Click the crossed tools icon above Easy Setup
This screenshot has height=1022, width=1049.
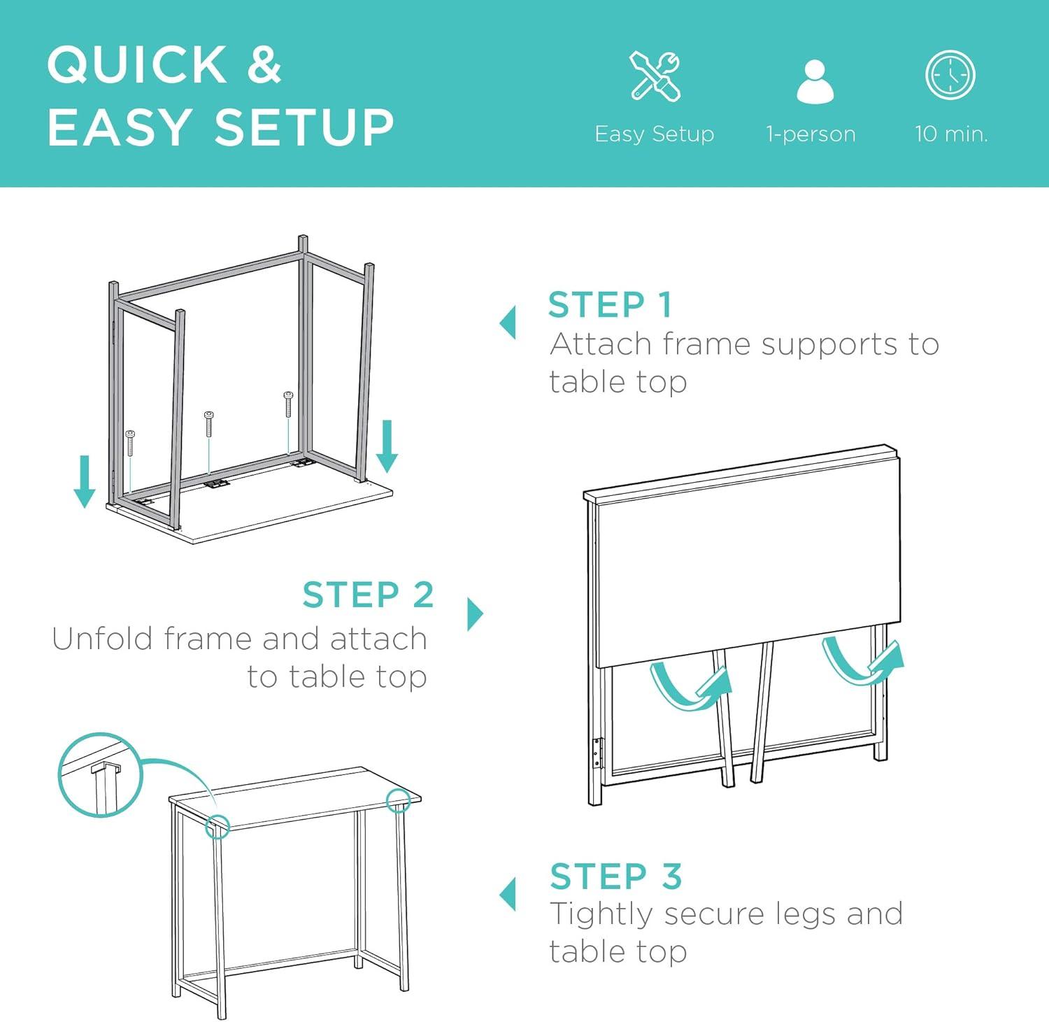(655, 76)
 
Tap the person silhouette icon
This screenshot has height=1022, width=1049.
(815, 82)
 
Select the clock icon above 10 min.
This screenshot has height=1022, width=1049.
(950, 75)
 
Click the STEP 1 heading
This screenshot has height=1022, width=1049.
(610, 305)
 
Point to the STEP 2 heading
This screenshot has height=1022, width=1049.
(368, 595)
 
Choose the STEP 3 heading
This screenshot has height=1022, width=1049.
(615, 876)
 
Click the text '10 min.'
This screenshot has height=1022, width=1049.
(951, 133)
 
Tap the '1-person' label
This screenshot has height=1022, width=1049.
(811, 134)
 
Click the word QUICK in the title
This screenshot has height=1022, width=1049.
(137, 65)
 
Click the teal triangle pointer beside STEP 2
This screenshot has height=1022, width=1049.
(476, 614)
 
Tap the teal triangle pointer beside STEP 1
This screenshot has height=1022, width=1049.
(508, 322)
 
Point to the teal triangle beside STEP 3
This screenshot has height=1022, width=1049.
(508, 895)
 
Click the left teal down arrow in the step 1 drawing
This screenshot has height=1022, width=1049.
(85, 481)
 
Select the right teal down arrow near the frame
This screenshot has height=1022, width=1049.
(387, 446)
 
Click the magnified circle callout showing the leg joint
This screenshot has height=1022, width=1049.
(100, 774)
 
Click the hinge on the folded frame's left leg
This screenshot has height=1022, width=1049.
(597, 753)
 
